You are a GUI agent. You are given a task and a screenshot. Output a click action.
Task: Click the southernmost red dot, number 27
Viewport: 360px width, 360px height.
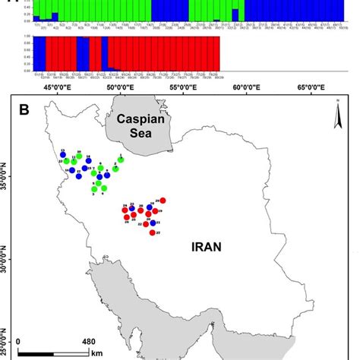[153, 232]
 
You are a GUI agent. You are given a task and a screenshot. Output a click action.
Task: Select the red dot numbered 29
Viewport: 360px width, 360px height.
[163, 201]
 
